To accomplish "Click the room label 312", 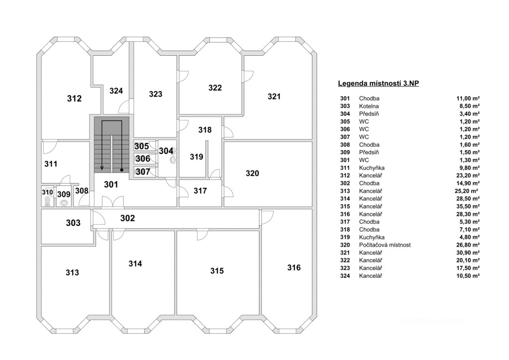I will point(74,98).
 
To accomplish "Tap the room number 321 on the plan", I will point(274,96).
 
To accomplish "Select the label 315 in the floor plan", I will point(217,271).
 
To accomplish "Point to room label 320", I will point(253,174).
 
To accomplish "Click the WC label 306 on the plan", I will point(143,159).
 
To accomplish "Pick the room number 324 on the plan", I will point(116,90).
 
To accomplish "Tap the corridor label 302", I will point(128,218).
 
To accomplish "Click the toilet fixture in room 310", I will point(48,201).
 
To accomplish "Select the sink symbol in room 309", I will point(64,203).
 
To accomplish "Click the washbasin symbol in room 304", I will point(173,159).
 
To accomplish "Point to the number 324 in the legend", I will point(345,275).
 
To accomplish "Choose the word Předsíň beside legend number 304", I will point(369,114).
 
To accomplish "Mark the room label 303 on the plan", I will point(73,223).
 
